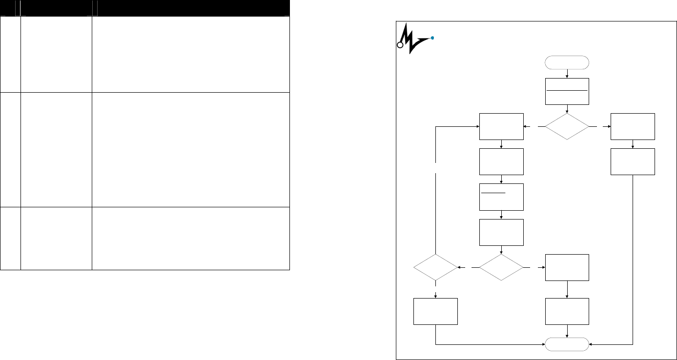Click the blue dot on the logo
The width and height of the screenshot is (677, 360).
pos(433,38)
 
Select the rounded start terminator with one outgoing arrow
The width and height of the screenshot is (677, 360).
pos(567,62)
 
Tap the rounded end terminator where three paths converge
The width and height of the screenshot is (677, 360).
pos(567,344)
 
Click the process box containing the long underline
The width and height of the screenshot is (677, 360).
pos(567,91)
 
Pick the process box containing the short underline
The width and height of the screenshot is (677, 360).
pos(502,197)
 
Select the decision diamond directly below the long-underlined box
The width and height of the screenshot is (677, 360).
pos(567,127)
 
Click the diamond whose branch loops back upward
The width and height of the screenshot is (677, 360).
pos(435,267)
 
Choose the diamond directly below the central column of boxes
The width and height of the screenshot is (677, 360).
pos(501,267)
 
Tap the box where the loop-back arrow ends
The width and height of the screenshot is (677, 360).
pos(502,126)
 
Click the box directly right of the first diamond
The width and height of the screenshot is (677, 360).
pos(633,126)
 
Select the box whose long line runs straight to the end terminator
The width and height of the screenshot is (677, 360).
pos(633,161)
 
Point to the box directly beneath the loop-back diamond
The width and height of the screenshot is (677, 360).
pos(435,311)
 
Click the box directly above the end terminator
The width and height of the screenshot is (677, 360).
pos(567,311)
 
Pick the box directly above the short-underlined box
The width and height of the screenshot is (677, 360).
pos(502,161)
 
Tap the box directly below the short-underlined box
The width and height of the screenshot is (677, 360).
pos(502,232)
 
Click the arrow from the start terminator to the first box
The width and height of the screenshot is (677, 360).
pos(567,73)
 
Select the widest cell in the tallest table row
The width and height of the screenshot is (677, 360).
pos(191,150)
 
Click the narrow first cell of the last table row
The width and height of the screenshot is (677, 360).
pos(10,239)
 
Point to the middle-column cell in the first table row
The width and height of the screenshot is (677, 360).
pos(56,54)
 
